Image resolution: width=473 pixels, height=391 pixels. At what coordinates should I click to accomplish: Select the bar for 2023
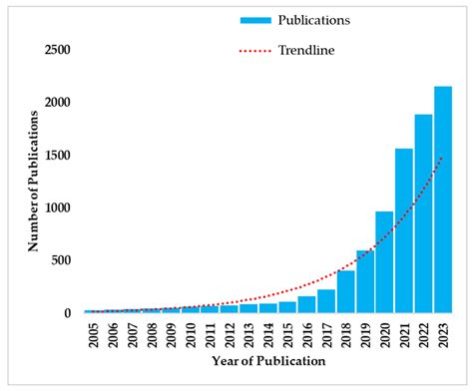pyautogui.click(x=443, y=199)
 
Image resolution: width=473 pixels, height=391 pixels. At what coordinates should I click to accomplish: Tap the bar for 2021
pyautogui.click(x=404, y=230)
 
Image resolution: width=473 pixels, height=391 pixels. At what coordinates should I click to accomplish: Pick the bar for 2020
pyautogui.click(x=384, y=262)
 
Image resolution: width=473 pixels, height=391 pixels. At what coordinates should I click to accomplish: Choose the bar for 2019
pyautogui.click(x=365, y=282)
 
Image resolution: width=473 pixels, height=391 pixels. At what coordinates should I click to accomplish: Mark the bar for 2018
pyautogui.click(x=345, y=291)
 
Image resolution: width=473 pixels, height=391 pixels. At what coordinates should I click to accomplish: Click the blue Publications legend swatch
pyautogui.click(x=257, y=19)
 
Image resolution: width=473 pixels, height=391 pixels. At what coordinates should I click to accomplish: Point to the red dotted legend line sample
pyautogui.click(x=257, y=49)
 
